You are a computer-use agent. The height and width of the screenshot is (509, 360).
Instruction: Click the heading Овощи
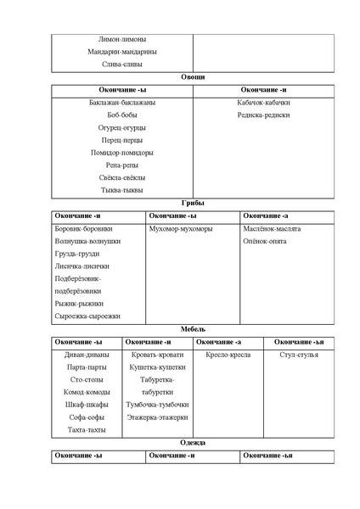point(193,76)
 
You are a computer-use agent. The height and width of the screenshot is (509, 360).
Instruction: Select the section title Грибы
point(193,203)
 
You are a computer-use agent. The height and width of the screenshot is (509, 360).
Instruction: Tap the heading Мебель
point(193,328)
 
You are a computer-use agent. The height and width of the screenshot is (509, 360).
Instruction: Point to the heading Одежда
point(193,443)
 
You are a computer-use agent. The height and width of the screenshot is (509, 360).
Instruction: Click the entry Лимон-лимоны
point(121,38)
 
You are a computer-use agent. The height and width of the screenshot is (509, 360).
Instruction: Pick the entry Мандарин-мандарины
point(121,51)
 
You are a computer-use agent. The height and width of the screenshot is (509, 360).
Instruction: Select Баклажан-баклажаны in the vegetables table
point(121,103)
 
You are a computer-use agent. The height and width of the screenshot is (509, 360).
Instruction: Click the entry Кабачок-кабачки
point(264,103)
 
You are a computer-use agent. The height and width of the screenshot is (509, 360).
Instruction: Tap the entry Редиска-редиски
point(264,115)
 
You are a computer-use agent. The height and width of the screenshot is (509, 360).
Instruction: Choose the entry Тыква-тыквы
point(121,190)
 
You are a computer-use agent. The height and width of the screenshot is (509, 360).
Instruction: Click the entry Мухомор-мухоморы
point(180,229)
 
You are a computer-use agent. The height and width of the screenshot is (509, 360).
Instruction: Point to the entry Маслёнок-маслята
point(272,229)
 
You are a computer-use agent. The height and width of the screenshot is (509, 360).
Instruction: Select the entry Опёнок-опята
point(265,242)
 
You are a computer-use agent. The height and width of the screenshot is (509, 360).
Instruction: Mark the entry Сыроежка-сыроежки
point(87,316)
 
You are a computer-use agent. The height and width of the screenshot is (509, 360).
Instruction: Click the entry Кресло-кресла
point(228,355)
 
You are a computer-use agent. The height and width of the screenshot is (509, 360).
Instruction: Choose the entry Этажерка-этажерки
point(157,417)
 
